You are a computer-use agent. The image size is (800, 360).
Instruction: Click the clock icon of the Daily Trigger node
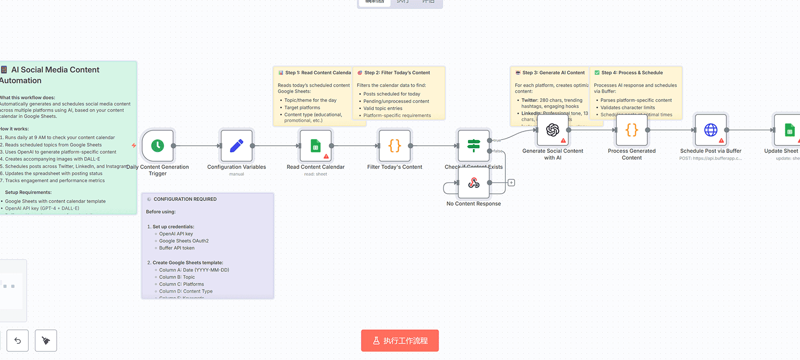click(158, 146)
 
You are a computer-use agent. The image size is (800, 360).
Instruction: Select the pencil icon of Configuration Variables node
click(237, 146)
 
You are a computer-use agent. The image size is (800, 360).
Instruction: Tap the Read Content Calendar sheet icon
click(315, 146)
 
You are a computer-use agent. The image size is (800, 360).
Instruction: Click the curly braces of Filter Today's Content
click(395, 146)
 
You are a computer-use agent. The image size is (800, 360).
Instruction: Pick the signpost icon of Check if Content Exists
click(473, 146)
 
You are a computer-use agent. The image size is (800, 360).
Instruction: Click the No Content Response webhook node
click(473, 183)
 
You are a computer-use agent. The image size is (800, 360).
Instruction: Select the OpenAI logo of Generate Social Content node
click(552, 130)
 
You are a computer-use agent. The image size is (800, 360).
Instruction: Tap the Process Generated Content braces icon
click(631, 130)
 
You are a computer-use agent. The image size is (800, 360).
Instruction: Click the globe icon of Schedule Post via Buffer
click(710, 130)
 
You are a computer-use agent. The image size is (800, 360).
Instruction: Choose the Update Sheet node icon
click(789, 130)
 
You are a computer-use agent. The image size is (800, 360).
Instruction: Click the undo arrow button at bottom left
click(18, 340)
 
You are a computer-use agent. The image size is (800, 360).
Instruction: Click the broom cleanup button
click(46, 340)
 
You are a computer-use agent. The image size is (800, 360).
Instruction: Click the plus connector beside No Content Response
click(511, 183)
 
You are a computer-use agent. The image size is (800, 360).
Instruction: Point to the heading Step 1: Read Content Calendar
click(318, 73)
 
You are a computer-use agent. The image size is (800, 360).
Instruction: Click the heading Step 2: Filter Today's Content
click(397, 73)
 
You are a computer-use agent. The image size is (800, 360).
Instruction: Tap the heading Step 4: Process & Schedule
click(631, 73)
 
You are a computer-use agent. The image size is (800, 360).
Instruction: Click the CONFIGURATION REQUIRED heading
click(185, 199)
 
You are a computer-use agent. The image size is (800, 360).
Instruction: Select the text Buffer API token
click(177, 248)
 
